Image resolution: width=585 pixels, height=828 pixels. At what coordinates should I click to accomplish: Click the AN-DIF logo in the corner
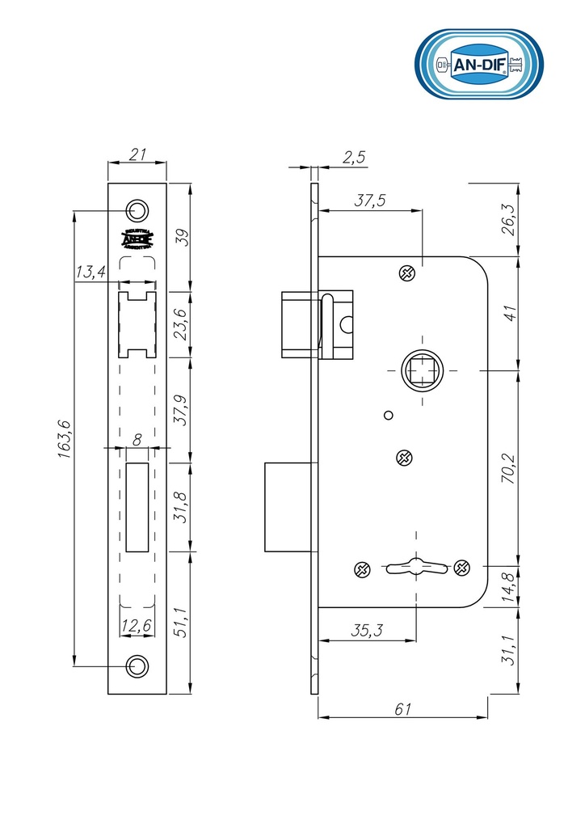point(478,64)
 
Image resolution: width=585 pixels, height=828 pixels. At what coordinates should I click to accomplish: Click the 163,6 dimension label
point(65,439)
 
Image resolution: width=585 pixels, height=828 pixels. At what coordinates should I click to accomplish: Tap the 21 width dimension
point(137,154)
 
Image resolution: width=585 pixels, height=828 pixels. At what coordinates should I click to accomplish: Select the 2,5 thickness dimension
point(353,157)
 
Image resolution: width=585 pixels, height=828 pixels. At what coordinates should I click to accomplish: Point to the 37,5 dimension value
point(369,201)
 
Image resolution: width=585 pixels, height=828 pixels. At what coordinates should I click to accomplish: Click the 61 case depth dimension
point(403,709)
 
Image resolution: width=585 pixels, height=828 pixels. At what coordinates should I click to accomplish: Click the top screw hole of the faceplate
point(137,210)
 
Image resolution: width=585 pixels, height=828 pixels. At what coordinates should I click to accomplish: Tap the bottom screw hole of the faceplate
point(137,665)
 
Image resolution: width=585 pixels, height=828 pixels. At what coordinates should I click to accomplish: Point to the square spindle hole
point(422,370)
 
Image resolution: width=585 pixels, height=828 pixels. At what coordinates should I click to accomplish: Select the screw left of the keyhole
point(361,569)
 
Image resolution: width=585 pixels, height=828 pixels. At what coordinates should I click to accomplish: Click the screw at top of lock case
point(408,273)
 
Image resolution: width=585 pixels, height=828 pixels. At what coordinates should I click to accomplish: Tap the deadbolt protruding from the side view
point(288,507)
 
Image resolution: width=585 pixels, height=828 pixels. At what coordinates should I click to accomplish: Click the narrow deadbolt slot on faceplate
point(137,507)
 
